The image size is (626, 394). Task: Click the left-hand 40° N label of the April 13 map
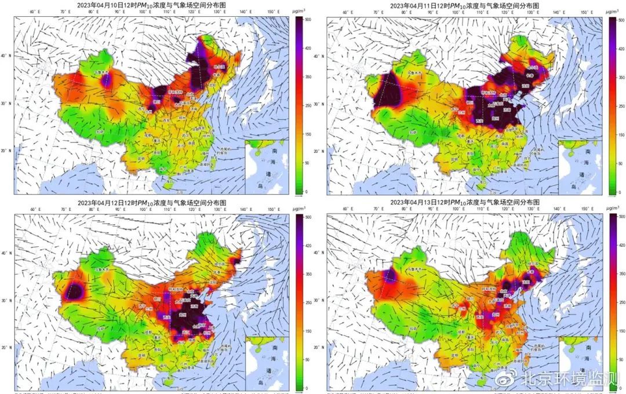click(x=320, y=253)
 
